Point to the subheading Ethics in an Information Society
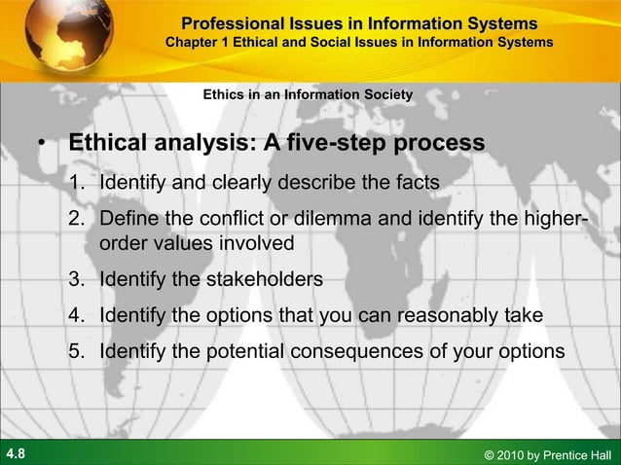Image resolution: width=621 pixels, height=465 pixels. [x=307, y=94]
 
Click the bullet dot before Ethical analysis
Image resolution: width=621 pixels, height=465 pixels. [x=42, y=146]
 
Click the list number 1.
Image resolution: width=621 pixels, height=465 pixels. [x=77, y=183]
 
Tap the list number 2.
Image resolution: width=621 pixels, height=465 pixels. [x=77, y=219]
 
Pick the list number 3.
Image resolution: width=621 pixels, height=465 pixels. [x=77, y=279]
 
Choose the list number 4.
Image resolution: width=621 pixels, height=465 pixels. [x=77, y=315]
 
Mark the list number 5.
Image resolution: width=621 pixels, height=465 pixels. [x=77, y=351]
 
